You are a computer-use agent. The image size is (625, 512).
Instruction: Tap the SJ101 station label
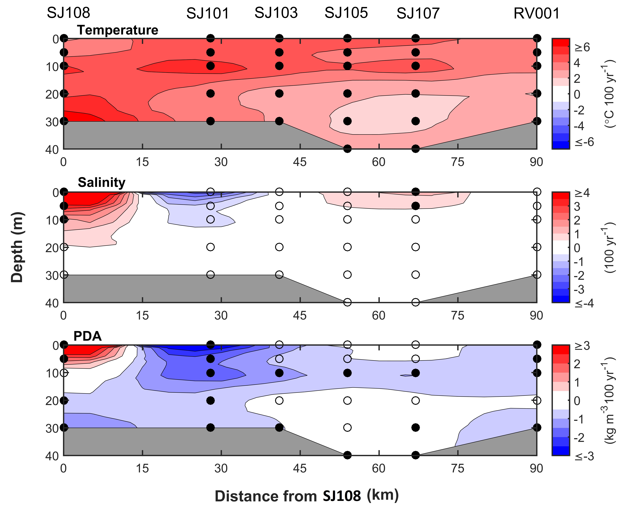(x=208, y=14)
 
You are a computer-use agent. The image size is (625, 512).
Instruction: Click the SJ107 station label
(x=418, y=14)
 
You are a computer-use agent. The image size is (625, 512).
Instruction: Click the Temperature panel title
(x=117, y=30)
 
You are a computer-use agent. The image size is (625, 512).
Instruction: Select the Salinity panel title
(x=102, y=183)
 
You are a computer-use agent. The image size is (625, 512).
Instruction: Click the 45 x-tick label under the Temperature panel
(x=300, y=162)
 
